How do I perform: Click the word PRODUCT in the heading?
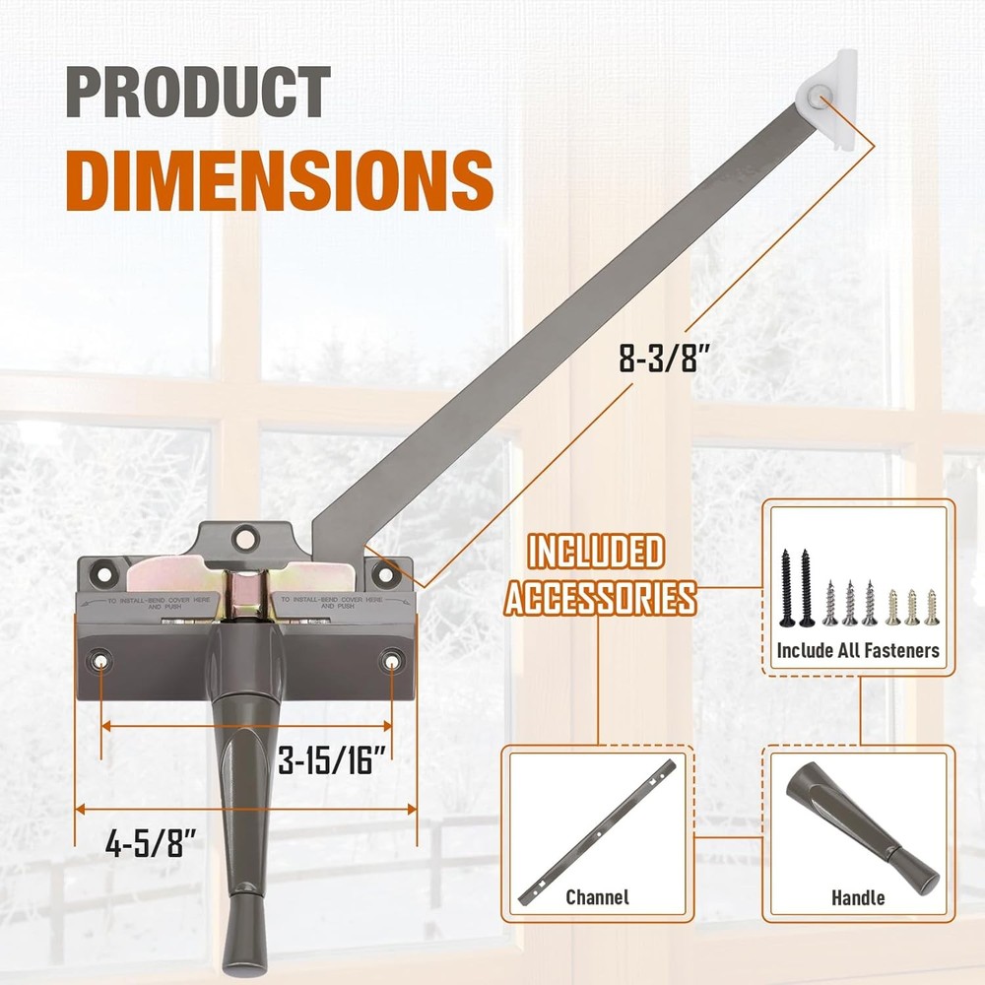tap(198, 93)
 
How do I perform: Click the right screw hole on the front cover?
tap(392, 661)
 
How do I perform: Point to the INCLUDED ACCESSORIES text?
tap(599, 574)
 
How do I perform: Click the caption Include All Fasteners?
tap(857, 650)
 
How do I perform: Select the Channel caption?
tap(597, 897)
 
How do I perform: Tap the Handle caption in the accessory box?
tap(858, 897)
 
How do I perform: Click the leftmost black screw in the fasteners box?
tap(787, 587)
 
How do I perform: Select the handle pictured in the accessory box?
tap(861, 827)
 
